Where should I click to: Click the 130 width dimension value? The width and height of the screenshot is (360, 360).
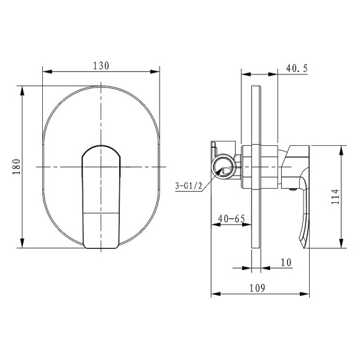pyautogui.click(x=101, y=66)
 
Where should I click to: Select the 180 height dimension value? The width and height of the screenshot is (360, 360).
pyautogui.click(x=17, y=167)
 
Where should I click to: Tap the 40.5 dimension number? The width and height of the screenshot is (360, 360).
pyautogui.click(x=297, y=68)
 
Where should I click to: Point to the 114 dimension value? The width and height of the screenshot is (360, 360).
pyautogui.click(x=335, y=197)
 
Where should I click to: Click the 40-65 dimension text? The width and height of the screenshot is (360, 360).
pyautogui.click(x=232, y=218)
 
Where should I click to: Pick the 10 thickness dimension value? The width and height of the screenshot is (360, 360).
pyautogui.click(x=286, y=263)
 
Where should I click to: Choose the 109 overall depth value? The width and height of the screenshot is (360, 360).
pyautogui.click(x=257, y=288)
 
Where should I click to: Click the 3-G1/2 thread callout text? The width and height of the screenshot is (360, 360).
pyautogui.click(x=189, y=186)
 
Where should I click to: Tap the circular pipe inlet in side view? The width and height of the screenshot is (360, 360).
pyautogui.click(x=223, y=166)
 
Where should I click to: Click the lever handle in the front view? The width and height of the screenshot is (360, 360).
pyautogui.click(x=101, y=197)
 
